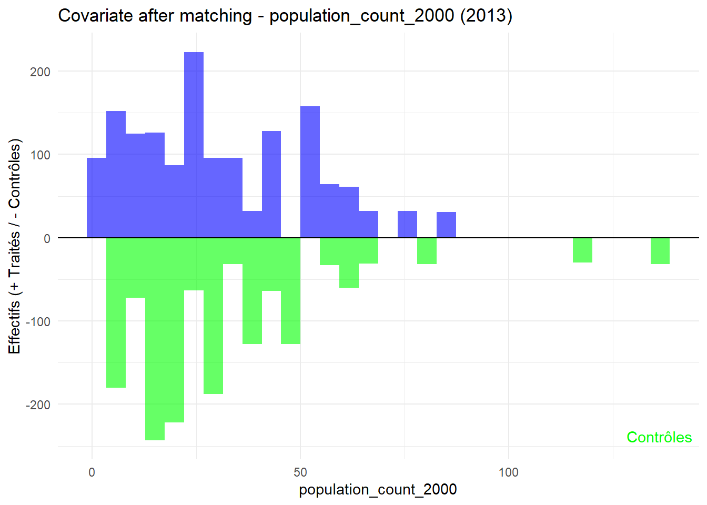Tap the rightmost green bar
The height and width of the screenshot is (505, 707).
pyautogui.click(x=660, y=251)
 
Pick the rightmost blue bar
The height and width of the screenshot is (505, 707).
pyautogui.click(x=446, y=225)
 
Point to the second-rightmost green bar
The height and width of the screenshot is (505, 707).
pyautogui.click(x=582, y=250)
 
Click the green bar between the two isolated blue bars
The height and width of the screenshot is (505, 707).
pyautogui.click(x=427, y=251)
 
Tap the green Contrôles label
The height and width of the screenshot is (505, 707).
pyautogui.click(x=659, y=437)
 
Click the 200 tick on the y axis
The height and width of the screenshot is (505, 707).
pyautogui.click(x=40, y=72)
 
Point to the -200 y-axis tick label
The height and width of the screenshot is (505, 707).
pyautogui.click(x=38, y=405)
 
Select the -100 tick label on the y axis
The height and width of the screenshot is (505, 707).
pyautogui.click(x=38, y=321)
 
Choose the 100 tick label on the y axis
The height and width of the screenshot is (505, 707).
pyautogui.click(x=40, y=155)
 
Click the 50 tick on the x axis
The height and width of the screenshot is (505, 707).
pyautogui.click(x=300, y=472)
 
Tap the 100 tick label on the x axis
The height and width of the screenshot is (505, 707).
pyautogui.click(x=508, y=472)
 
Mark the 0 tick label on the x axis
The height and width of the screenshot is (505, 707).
pyautogui.click(x=92, y=472)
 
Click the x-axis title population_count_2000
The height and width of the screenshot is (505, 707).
pyautogui.click(x=378, y=490)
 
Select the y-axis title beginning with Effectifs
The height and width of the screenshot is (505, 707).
pyautogui.click(x=15, y=246)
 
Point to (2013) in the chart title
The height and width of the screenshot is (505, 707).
pyautogui.click(x=486, y=16)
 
